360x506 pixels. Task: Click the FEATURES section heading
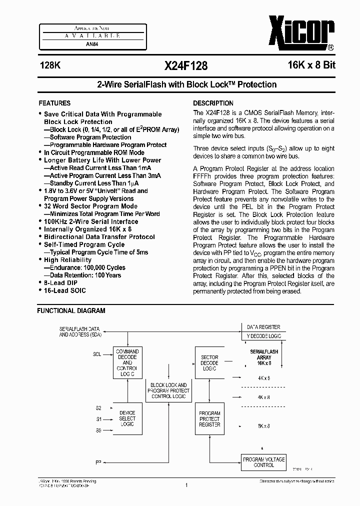[54, 103]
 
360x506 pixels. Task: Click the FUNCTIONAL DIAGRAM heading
[71, 310]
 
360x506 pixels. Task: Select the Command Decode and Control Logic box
[127, 363]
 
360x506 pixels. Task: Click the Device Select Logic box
[127, 418]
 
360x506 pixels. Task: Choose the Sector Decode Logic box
[209, 363]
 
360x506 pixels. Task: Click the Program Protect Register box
[209, 418]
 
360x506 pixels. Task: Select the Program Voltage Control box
[263, 461]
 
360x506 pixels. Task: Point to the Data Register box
[263, 327]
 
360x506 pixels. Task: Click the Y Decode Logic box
[263, 336]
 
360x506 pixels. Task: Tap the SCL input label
[97, 354]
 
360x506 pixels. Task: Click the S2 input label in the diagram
[98, 408]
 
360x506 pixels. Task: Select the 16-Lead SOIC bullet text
[64, 290]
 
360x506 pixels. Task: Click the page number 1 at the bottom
[185, 484]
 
